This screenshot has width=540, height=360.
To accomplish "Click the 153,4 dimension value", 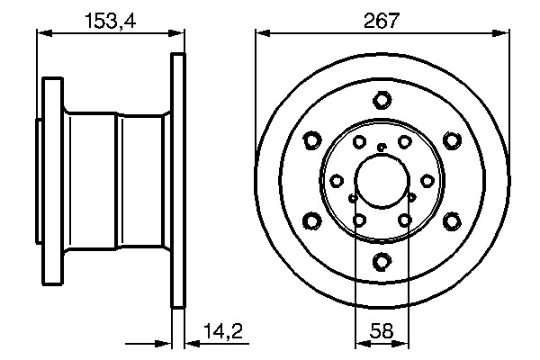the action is coord(111,21).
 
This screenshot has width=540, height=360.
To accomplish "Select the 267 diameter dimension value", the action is coord(382,21).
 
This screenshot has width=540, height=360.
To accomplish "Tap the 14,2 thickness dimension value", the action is coord(223,331).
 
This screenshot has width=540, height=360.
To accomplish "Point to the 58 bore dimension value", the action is coord(382,331).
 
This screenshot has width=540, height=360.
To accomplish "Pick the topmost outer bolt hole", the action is coord(382,100).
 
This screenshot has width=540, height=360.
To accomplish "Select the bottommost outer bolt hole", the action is coord(382,262).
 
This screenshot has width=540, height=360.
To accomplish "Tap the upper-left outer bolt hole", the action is coord(312,140).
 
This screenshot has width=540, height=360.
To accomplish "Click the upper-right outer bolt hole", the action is coord(452,140).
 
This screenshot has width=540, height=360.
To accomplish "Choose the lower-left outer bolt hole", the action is coord(312,221).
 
